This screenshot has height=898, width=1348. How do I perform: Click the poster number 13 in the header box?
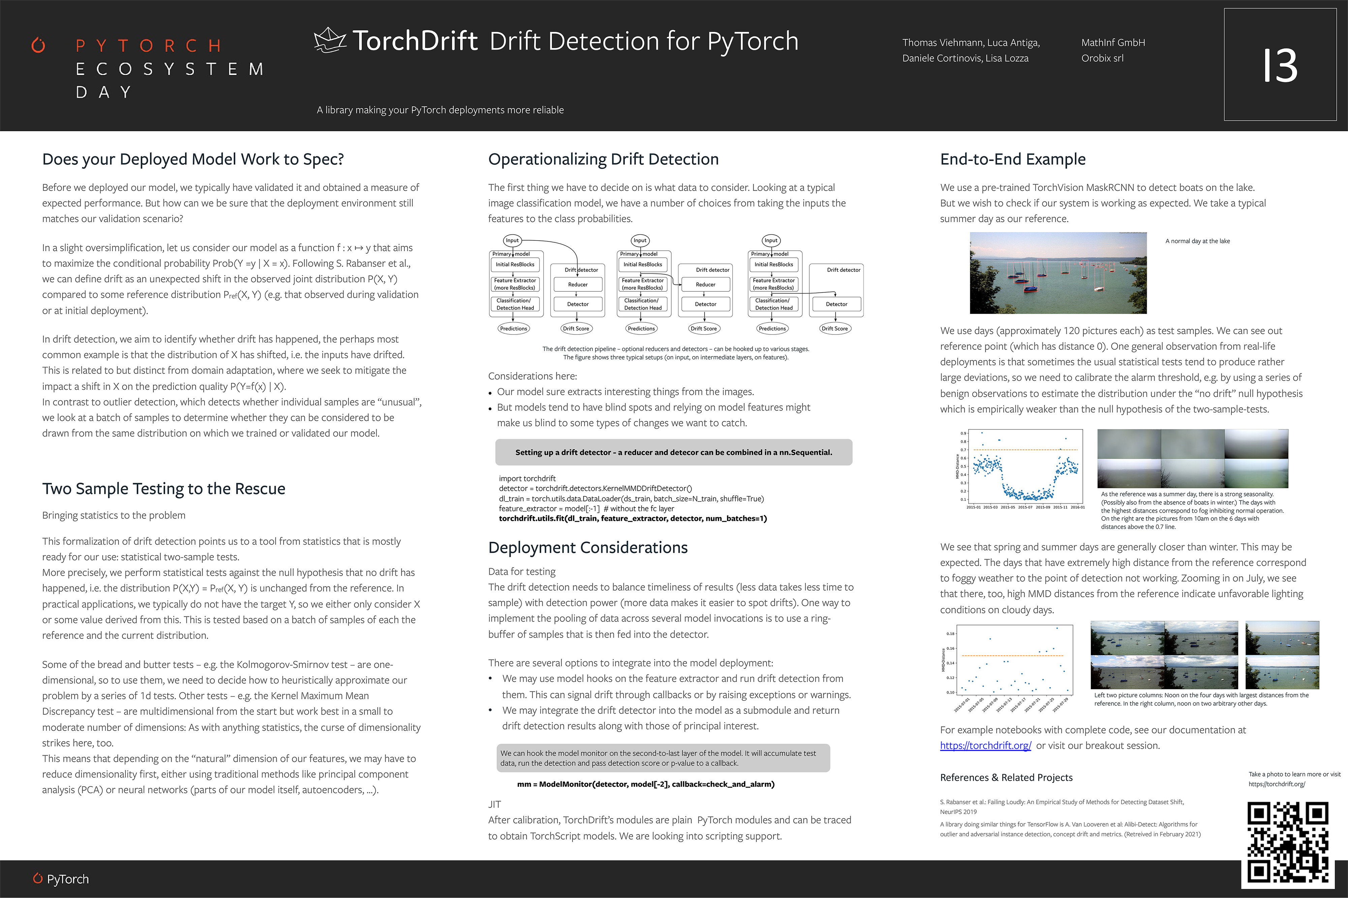(1280, 65)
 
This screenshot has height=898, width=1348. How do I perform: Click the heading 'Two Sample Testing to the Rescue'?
(163, 488)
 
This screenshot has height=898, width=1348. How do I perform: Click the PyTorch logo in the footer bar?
(61, 878)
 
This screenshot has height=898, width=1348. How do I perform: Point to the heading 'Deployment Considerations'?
(588, 547)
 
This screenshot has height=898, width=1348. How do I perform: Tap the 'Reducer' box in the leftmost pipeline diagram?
(578, 285)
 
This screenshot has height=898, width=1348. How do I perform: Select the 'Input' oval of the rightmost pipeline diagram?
(771, 240)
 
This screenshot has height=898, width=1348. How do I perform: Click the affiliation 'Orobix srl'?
(1102, 58)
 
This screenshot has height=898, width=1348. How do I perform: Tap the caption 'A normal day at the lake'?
(1197, 241)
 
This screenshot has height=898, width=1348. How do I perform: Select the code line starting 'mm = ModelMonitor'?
(646, 784)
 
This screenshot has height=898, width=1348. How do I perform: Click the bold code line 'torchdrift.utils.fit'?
(633, 519)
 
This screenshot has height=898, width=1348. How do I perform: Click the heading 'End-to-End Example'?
(1012, 159)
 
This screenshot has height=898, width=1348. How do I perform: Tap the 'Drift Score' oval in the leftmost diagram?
(576, 329)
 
